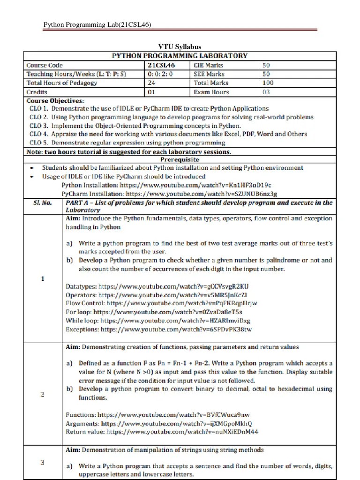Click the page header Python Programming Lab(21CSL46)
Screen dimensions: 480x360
coord(97,24)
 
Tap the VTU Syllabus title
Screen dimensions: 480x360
coord(180,47)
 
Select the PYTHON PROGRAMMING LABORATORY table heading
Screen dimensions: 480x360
coord(180,56)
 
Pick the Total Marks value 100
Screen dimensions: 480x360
coord(268,83)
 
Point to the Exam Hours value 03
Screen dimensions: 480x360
coord(266,92)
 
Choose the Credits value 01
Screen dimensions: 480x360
coord(151,92)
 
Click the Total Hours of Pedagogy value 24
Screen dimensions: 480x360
coord(151,83)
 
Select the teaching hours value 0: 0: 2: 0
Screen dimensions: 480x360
coord(160,74)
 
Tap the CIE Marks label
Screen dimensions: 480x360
coord(208,65)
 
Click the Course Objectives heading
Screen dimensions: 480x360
coord(55,100)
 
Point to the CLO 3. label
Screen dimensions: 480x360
coord(39,126)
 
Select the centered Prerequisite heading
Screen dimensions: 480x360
coord(180,159)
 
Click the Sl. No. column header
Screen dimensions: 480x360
coord(43,202)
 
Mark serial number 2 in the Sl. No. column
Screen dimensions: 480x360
coord(43,394)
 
